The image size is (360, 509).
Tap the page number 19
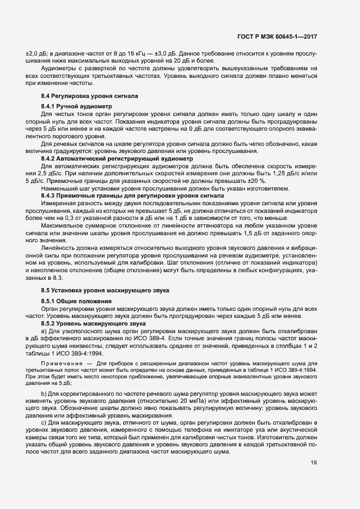314,463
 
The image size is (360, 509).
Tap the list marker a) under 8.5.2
44,331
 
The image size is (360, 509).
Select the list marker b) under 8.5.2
44,393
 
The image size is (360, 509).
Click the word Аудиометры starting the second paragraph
59,69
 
